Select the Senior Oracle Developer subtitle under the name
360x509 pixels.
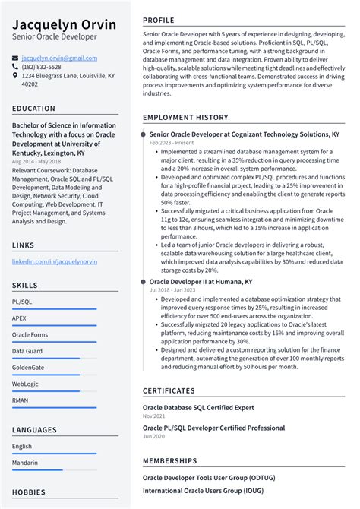[x=55, y=36]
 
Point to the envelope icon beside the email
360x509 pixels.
[x=16, y=58]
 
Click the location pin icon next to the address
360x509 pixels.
[x=16, y=76]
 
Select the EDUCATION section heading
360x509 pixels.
[x=33, y=109]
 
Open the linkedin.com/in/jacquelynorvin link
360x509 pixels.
[x=54, y=261]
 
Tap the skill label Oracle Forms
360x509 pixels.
[x=30, y=334]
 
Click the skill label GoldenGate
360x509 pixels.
[x=28, y=367]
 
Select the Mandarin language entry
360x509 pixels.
[x=26, y=463]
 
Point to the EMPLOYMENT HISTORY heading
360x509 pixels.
[x=185, y=118]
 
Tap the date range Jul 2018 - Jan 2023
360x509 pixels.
[x=173, y=290]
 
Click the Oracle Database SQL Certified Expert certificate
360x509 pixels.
[x=198, y=407]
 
